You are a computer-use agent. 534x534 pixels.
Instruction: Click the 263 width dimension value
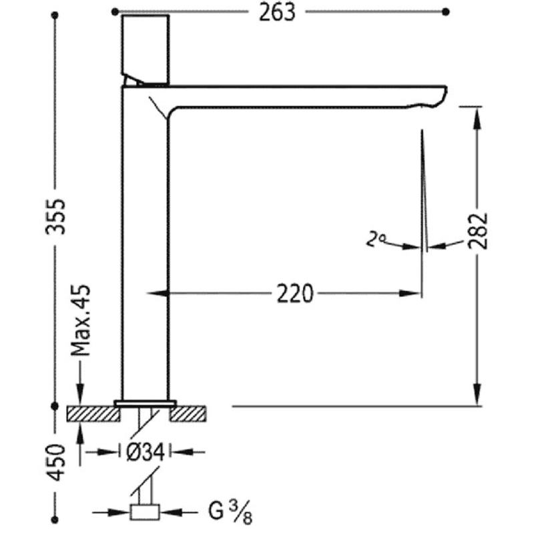[x=279, y=13]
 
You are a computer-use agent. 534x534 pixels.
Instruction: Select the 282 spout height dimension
[x=479, y=230]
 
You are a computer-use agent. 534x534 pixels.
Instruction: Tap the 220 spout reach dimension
[x=294, y=292]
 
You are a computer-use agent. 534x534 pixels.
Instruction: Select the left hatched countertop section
[x=93, y=414]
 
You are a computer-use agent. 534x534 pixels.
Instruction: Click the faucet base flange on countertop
[x=145, y=403]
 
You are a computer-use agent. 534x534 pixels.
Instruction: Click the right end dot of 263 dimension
[x=446, y=11]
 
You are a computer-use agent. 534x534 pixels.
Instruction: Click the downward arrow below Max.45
[x=81, y=394]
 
